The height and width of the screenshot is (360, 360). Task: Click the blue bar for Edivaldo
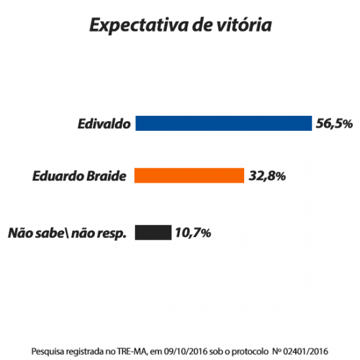click(223, 123)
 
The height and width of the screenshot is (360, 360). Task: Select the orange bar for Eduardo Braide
click(189, 176)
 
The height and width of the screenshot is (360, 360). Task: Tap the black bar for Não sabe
click(153, 232)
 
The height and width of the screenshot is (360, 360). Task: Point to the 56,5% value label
click(334, 123)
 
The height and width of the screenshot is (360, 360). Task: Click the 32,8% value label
click(267, 176)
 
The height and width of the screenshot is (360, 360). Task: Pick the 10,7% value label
click(192, 232)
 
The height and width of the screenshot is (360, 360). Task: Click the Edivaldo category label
click(103, 123)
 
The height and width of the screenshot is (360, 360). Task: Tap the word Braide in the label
click(103, 176)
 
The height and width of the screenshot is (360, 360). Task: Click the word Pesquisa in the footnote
click(48, 350)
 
